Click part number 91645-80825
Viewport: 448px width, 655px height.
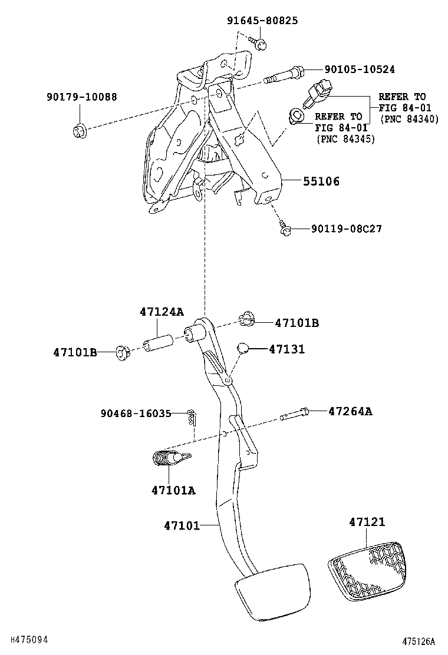[262, 21]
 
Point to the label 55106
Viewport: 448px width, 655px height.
[321, 181]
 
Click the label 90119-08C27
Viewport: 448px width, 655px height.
[346, 229]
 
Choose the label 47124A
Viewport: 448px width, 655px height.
[162, 312]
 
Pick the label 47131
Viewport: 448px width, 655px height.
[286, 349]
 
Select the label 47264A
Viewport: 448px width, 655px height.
[350, 411]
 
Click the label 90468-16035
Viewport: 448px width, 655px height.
[135, 414]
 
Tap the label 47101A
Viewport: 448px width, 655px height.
[173, 489]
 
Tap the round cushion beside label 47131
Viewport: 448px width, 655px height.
[243, 348]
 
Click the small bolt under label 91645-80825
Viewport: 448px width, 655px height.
[259, 42]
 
